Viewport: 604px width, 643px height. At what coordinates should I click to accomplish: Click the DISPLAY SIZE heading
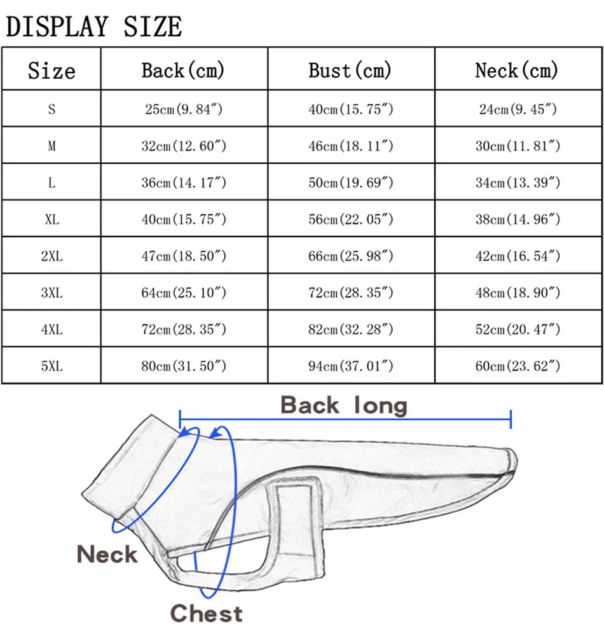click(x=94, y=26)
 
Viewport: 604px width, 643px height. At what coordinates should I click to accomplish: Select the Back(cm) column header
click(x=183, y=70)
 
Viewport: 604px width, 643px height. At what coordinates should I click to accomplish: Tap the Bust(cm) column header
click(x=350, y=70)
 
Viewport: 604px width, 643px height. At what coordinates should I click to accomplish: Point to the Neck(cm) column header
click(x=517, y=70)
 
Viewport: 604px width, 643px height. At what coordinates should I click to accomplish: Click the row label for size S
click(x=51, y=109)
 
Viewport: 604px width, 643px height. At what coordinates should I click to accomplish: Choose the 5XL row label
click(x=51, y=366)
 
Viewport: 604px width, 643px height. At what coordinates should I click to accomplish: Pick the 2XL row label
click(x=51, y=256)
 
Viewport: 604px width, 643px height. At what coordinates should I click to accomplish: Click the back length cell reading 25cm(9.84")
click(x=184, y=109)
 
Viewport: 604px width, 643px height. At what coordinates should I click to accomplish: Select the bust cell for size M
click(x=351, y=146)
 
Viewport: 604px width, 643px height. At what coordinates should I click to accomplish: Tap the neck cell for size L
click(x=518, y=183)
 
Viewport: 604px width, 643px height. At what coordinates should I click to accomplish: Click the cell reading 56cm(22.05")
click(x=351, y=219)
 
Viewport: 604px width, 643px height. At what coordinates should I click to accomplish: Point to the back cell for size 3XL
click(x=184, y=293)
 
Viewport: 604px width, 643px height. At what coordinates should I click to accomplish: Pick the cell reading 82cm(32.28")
click(x=351, y=329)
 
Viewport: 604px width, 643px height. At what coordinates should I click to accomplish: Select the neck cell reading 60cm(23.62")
click(x=518, y=366)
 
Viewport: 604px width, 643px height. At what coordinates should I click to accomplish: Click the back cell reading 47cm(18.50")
click(x=184, y=256)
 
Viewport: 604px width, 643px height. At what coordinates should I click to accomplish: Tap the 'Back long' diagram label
click(x=343, y=405)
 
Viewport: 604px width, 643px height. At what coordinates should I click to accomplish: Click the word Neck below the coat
click(x=107, y=555)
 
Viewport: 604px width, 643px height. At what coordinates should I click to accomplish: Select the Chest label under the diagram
click(x=206, y=614)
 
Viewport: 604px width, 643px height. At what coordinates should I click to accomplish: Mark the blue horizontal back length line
click(x=345, y=419)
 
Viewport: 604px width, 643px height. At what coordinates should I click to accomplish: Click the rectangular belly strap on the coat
click(x=294, y=522)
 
